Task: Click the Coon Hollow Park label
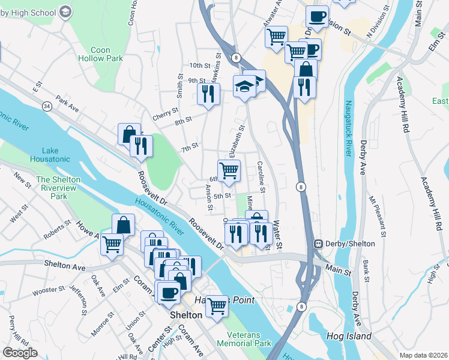pyautogui.click(x=100, y=55)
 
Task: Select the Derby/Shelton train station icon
pyautogui.click(x=319, y=244)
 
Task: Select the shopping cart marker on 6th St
pyautogui.click(x=229, y=170)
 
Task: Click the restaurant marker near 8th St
pyautogui.click(x=208, y=95)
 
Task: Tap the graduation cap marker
pyautogui.click(x=244, y=86)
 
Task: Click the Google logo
pyautogui.click(x=19, y=353)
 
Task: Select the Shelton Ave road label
pyautogui.click(x=64, y=264)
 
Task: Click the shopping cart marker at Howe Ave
pyautogui.click(x=112, y=244)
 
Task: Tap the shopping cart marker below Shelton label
pyautogui.click(x=217, y=306)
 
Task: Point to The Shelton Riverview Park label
pyautogui.click(x=59, y=188)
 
